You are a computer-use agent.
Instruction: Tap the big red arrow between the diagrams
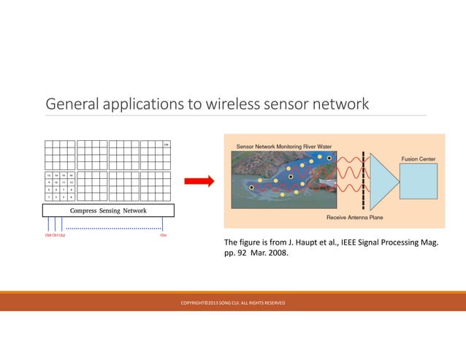click(x=197, y=181)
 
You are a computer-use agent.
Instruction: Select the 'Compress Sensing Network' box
click(x=108, y=210)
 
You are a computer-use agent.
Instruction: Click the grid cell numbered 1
click(x=49, y=196)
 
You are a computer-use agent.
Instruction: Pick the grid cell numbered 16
click(x=72, y=175)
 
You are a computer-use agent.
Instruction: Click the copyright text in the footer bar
click(x=232, y=302)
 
